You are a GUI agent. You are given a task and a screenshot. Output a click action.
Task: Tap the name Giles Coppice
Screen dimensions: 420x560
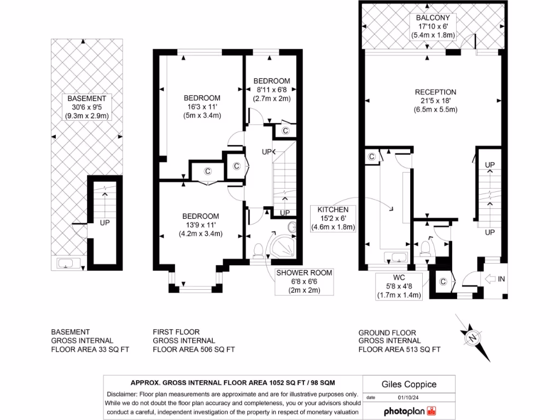(401, 384)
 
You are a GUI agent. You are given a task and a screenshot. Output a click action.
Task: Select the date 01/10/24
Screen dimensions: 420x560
(406, 398)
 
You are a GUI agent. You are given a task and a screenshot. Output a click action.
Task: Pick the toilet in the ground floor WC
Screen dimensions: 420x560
(424, 249)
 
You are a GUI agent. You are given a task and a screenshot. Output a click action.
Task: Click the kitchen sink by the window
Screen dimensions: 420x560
(395, 257)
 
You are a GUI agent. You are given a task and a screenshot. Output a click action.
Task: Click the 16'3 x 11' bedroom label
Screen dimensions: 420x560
(202, 107)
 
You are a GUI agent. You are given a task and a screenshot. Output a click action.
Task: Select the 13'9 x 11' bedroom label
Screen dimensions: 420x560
(201, 225)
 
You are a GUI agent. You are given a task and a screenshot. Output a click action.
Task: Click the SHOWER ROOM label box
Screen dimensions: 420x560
(304, 282)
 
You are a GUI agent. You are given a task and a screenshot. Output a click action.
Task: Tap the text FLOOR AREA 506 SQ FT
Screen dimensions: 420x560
(194, 349)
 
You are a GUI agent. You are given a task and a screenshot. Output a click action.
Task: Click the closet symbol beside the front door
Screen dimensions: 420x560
(443, 282)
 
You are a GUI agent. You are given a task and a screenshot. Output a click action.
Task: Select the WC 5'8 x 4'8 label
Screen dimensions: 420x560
(399, 287)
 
